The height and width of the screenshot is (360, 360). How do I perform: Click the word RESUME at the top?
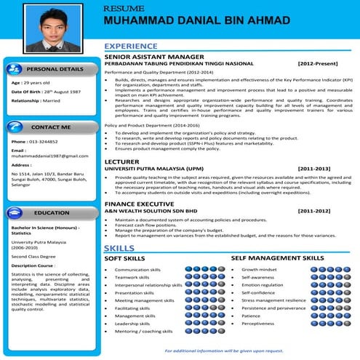pos(120,7)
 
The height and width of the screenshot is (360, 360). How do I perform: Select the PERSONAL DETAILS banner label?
pos(55,69)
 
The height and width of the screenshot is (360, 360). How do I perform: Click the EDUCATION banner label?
pos(51,213)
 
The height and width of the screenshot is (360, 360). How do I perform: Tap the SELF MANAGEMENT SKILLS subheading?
pos(277,258)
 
